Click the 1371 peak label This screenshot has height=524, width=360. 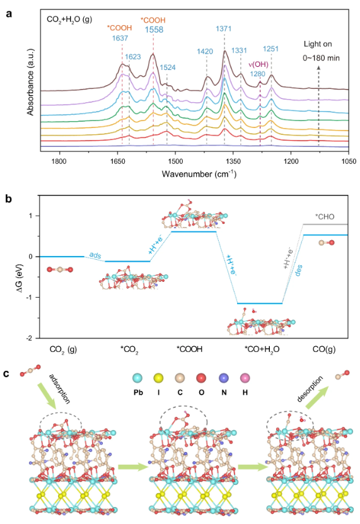pyautogui.click(x=224, y=29)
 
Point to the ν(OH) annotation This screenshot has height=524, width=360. pyautogui.click(x=259, y=63)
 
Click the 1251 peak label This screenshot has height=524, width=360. pyautogui.click(x=272, y=57)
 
